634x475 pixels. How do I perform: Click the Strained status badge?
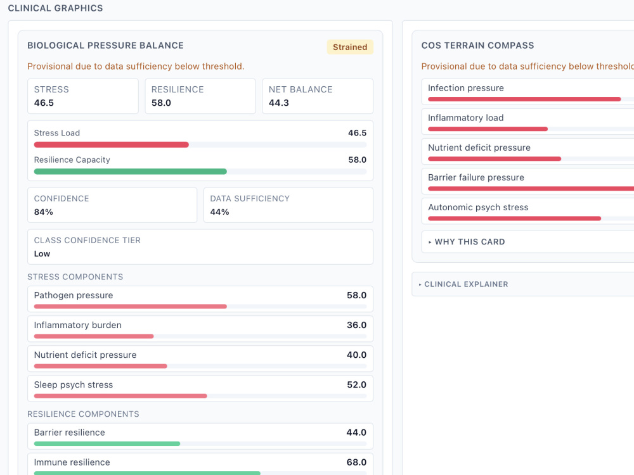[x=350, y=47]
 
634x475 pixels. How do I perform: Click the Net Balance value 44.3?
[x=278, y=103]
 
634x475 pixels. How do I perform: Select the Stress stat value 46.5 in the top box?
[x=44, y=103]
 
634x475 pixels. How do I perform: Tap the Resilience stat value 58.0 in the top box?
[x=161, y=103]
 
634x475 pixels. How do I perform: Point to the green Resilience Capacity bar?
[x=130, y=172]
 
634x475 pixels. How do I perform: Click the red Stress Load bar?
[x=111, y=144]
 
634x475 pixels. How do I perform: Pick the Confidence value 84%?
[x=43, y=212]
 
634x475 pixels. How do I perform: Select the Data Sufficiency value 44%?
[x=219, y=212]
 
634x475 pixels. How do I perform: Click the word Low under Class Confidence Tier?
[x=42, y=254]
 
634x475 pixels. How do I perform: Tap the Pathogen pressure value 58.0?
[x=356, y=295]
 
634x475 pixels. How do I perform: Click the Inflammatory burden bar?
[x=94, y=336]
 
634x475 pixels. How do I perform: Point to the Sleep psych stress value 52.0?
[x=356, y=385]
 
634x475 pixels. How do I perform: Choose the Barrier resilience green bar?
[x=107, y=443]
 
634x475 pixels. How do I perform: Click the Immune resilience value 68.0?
[x=356, y=462]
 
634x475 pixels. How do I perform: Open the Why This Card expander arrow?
[x=430, y=243]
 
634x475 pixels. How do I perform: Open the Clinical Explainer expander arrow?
[x=420, y=285]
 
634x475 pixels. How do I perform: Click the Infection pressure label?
[x=466, y=88]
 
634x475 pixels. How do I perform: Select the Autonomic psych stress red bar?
[x=514, y=218]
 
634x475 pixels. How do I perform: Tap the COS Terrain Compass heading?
[x=477, y=46]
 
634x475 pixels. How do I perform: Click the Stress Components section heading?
[x=75, y=277]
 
